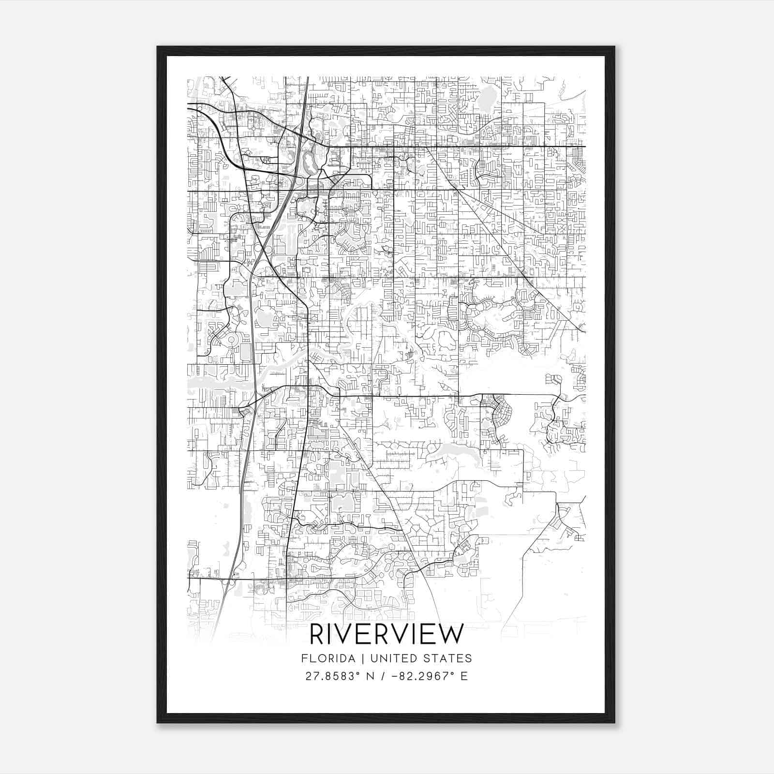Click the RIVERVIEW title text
point(387,634)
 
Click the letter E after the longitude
point(464,676)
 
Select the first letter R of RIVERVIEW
point(318,634)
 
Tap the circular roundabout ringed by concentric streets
point(232,340)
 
